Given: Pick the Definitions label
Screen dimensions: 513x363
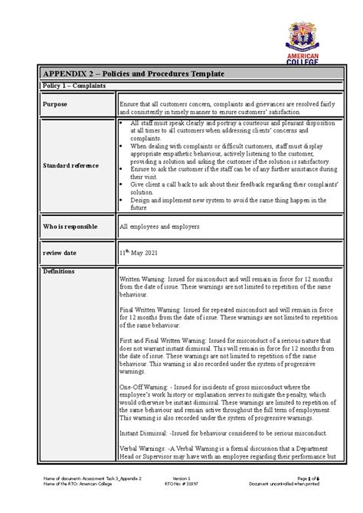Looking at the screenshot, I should (60, 272).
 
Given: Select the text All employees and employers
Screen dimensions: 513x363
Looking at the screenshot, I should (160, 227).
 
